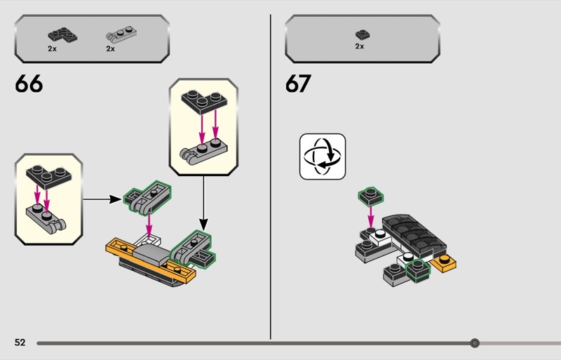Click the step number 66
[x=29, y=84]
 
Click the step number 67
[x=299, y=84]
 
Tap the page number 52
[x=20, y=342]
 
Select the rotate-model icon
[x=323, y=156]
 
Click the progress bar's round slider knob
[x=475, y=342]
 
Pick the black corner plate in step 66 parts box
[x=62, y=35]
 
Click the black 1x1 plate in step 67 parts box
[x=363, y=34]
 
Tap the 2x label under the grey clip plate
[x=110, y=48]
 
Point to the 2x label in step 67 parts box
[x=360, y=46]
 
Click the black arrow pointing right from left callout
[x=102, y=199]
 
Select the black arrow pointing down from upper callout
[x=203, y=203]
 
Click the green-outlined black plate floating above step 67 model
[x=371, y=196]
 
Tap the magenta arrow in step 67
[x=371, y=217]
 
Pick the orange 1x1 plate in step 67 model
[x=444, y=263]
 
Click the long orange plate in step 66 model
[x=150, y=261]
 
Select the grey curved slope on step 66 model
[x=151, y=255]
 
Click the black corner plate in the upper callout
[x=204, y=101]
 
